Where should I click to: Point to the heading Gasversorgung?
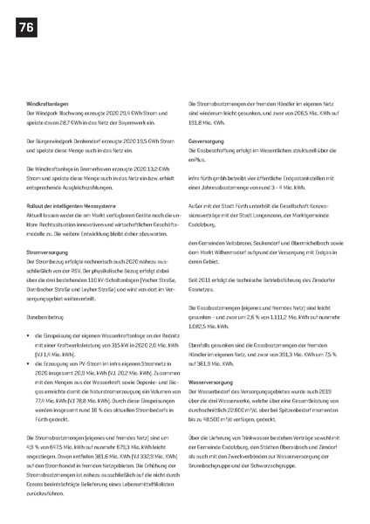point(207,140)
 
